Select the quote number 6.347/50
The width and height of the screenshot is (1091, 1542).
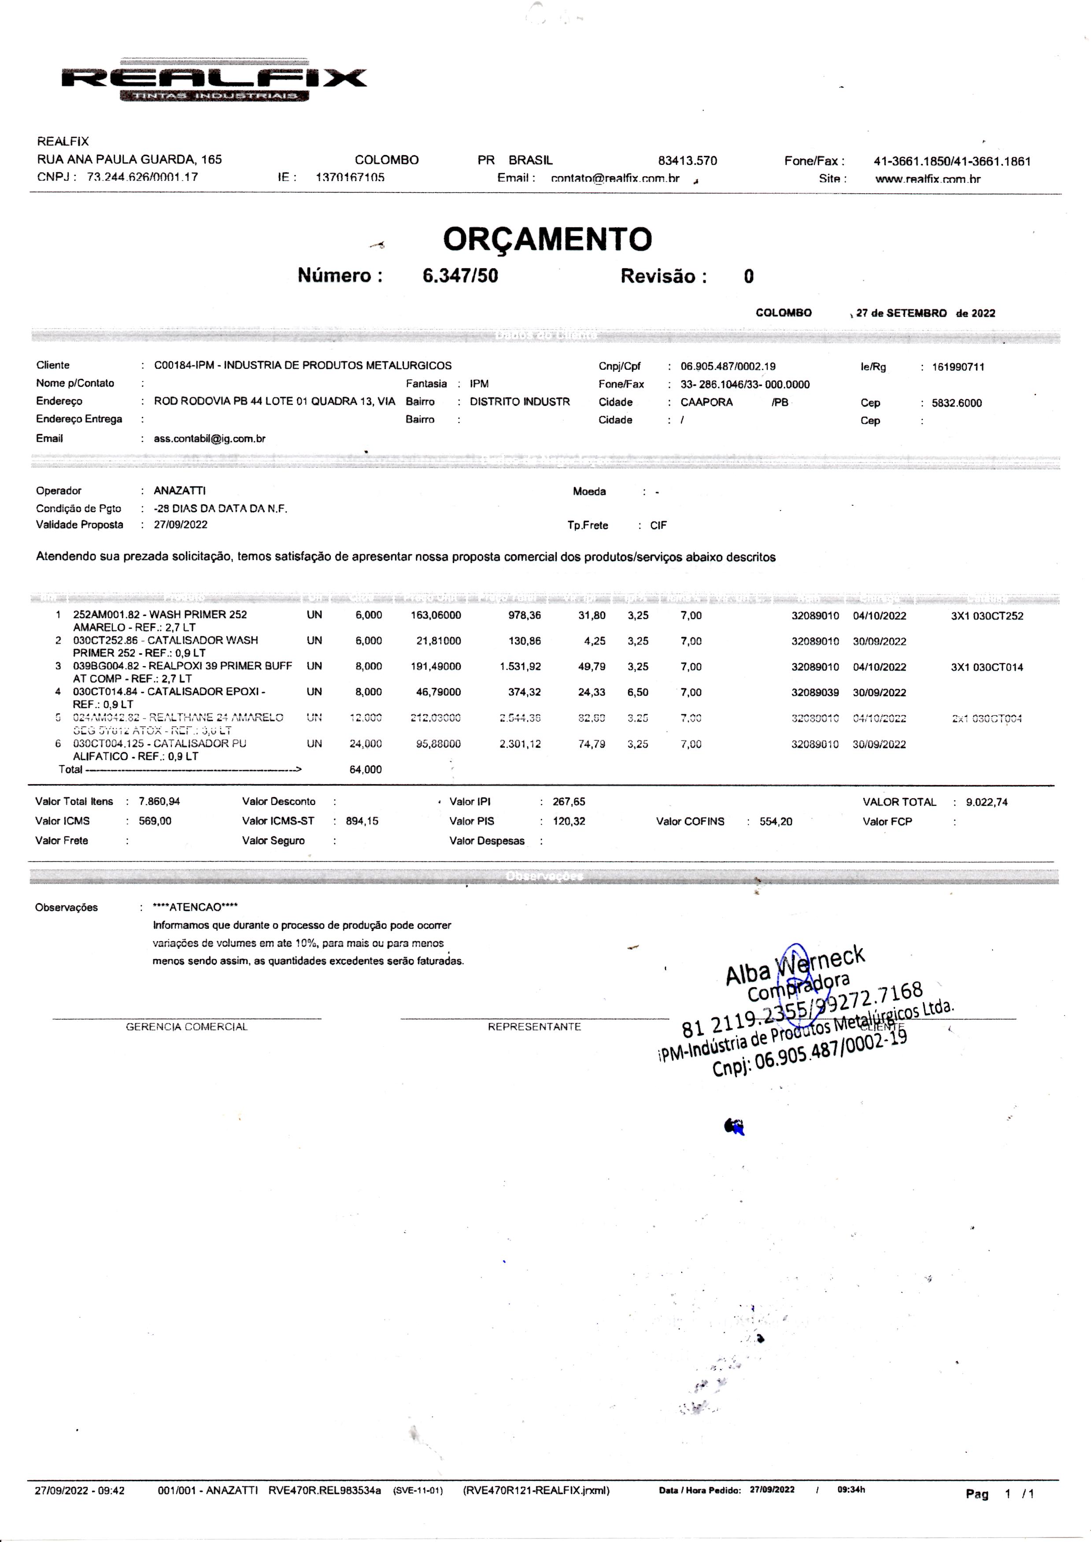pyautogui.click(x=460, y=275)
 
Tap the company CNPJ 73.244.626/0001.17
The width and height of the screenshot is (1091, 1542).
pyautogui.click(x=142, y=178)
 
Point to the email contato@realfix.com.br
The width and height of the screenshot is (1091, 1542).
pyautogui.click(x=615, y=179)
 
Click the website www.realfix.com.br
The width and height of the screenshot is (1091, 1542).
pyautogui.click(x=927, y=179)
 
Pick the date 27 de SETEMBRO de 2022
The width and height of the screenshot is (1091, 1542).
pyautogui.click(x=925, y=313)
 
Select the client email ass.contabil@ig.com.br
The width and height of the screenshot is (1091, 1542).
pyautogui.click(x=210, y=439)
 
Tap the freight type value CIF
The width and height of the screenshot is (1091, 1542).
pyautogui.click(x=658, y=526)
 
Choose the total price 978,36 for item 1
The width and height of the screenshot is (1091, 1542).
pyautogui.click(x=524, y=615)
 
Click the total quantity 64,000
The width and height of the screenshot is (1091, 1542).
pyautogui.click(x=366, y=769)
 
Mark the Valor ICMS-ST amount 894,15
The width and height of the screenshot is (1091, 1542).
pyautogui.click(x=362, y=821)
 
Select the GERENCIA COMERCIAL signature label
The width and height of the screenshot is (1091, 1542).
pyautogui.click(x=187, y=1027)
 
